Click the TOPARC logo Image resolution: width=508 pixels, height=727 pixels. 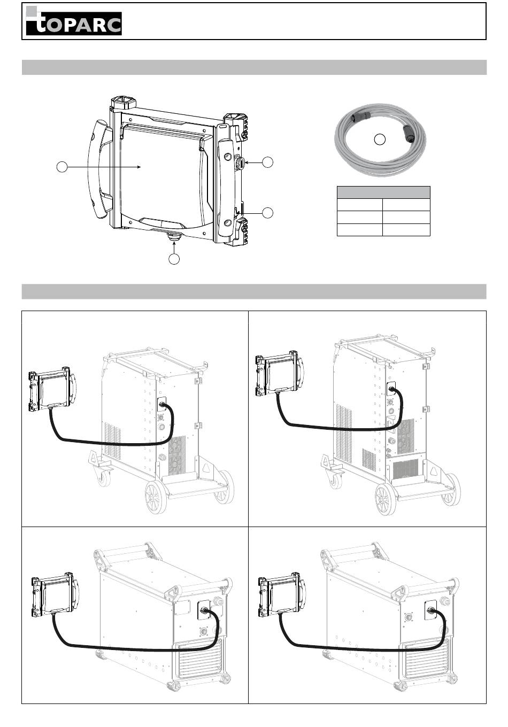(x=74, y=21)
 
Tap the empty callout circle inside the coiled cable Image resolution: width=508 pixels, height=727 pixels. (x=380, y=140)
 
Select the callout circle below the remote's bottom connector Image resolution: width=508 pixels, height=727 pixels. (x=174, y=259)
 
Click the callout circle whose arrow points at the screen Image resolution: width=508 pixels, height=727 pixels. (x=62, y=167)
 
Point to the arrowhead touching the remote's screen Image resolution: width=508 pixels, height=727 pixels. (x=139, y=167)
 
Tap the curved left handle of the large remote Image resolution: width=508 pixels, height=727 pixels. (x=99, y=169)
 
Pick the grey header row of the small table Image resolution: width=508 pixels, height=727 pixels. (x=383, y=192)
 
